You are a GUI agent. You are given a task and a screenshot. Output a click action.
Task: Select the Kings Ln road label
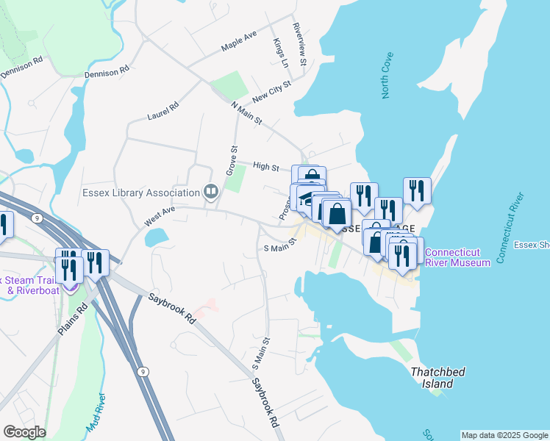(x=279, y=53)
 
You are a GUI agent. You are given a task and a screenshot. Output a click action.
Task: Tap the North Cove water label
(x=387, y=76)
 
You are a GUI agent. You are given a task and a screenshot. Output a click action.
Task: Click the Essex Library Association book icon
(x=211, y=193)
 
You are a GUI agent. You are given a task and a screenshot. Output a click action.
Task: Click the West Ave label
(x=160, y=215)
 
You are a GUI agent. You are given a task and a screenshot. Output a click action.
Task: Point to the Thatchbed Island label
(x=438, y=377)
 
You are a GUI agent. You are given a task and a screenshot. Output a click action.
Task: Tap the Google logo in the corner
(x=24, y=432)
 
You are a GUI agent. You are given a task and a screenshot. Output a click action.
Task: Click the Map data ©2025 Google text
(x=504, y=435)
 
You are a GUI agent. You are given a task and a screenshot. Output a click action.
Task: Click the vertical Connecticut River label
(x=510, y=228)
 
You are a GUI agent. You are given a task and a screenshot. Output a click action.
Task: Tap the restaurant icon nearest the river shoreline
(x=417, y=191)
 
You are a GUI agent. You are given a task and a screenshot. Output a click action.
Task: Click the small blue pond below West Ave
(x=157, y=237)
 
